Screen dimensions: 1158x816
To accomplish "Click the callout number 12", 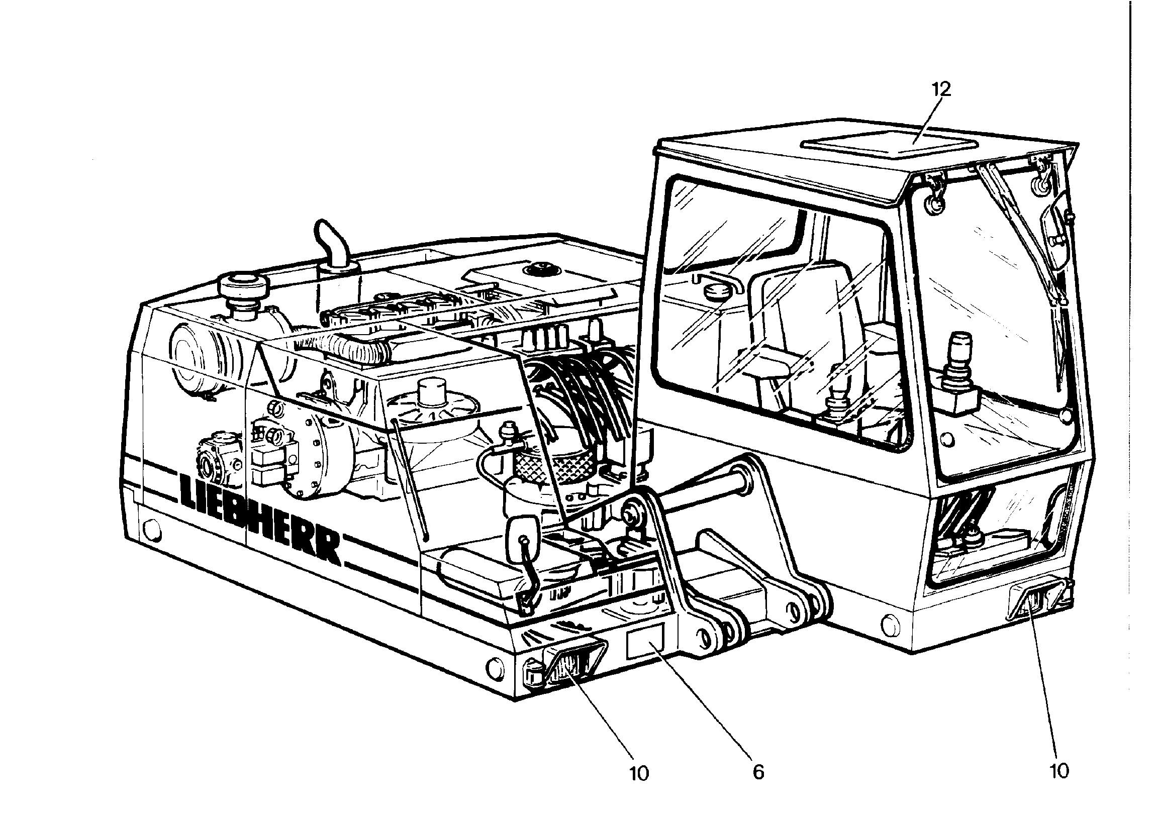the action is tap(941, 89).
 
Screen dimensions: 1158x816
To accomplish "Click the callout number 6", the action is tap(758, 772).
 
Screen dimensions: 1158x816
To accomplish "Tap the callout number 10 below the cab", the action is tap(1059, 770).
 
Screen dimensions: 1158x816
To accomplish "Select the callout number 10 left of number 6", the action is tap(638, 773).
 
